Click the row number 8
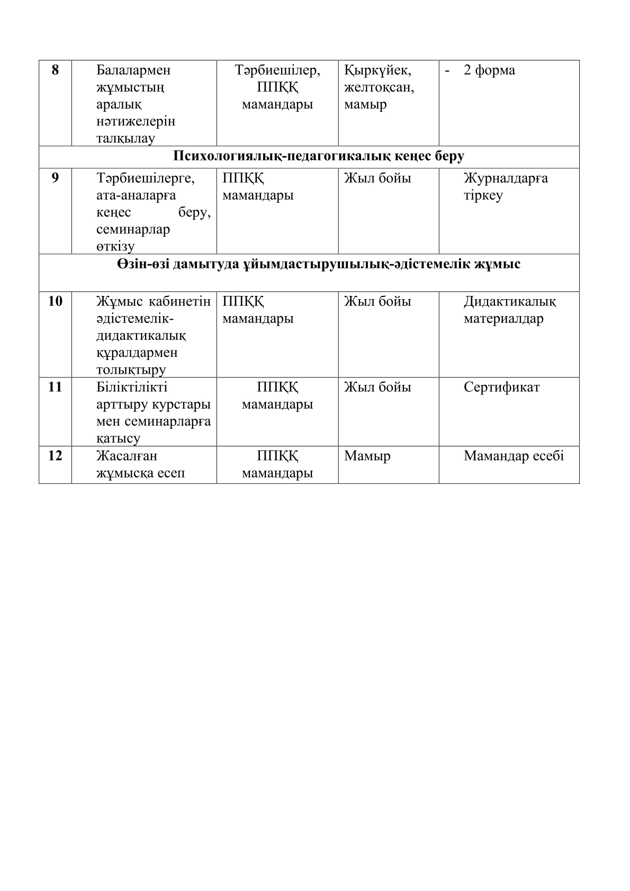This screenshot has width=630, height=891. (55, 70)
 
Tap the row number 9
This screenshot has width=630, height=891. (55, 178)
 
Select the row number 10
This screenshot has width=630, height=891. (55, 302)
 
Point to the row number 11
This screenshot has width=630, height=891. (55, 388)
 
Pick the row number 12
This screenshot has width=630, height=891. (55, 456)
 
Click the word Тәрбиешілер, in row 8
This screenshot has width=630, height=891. (277, 70)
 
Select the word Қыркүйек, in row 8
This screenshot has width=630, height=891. (377, 70)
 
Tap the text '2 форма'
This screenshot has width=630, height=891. (489, 70)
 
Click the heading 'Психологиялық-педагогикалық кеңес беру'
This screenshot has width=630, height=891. (319, 157)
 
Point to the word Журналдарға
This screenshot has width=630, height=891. (506, 178)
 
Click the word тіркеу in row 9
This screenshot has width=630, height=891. (483, 195)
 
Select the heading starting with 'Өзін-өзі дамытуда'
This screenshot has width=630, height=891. (319, 264)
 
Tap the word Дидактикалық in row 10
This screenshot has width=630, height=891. (510, 302)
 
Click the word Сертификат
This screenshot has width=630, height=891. (501, 388)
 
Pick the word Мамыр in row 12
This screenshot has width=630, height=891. (367, 456)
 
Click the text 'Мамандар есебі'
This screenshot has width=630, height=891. (514, 456)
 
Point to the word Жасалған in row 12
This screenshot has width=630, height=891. (127, 456)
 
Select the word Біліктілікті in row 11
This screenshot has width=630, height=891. (132, 388)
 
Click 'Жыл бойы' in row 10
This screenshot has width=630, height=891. (377, 302)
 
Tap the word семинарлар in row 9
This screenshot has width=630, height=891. (133, 230)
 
